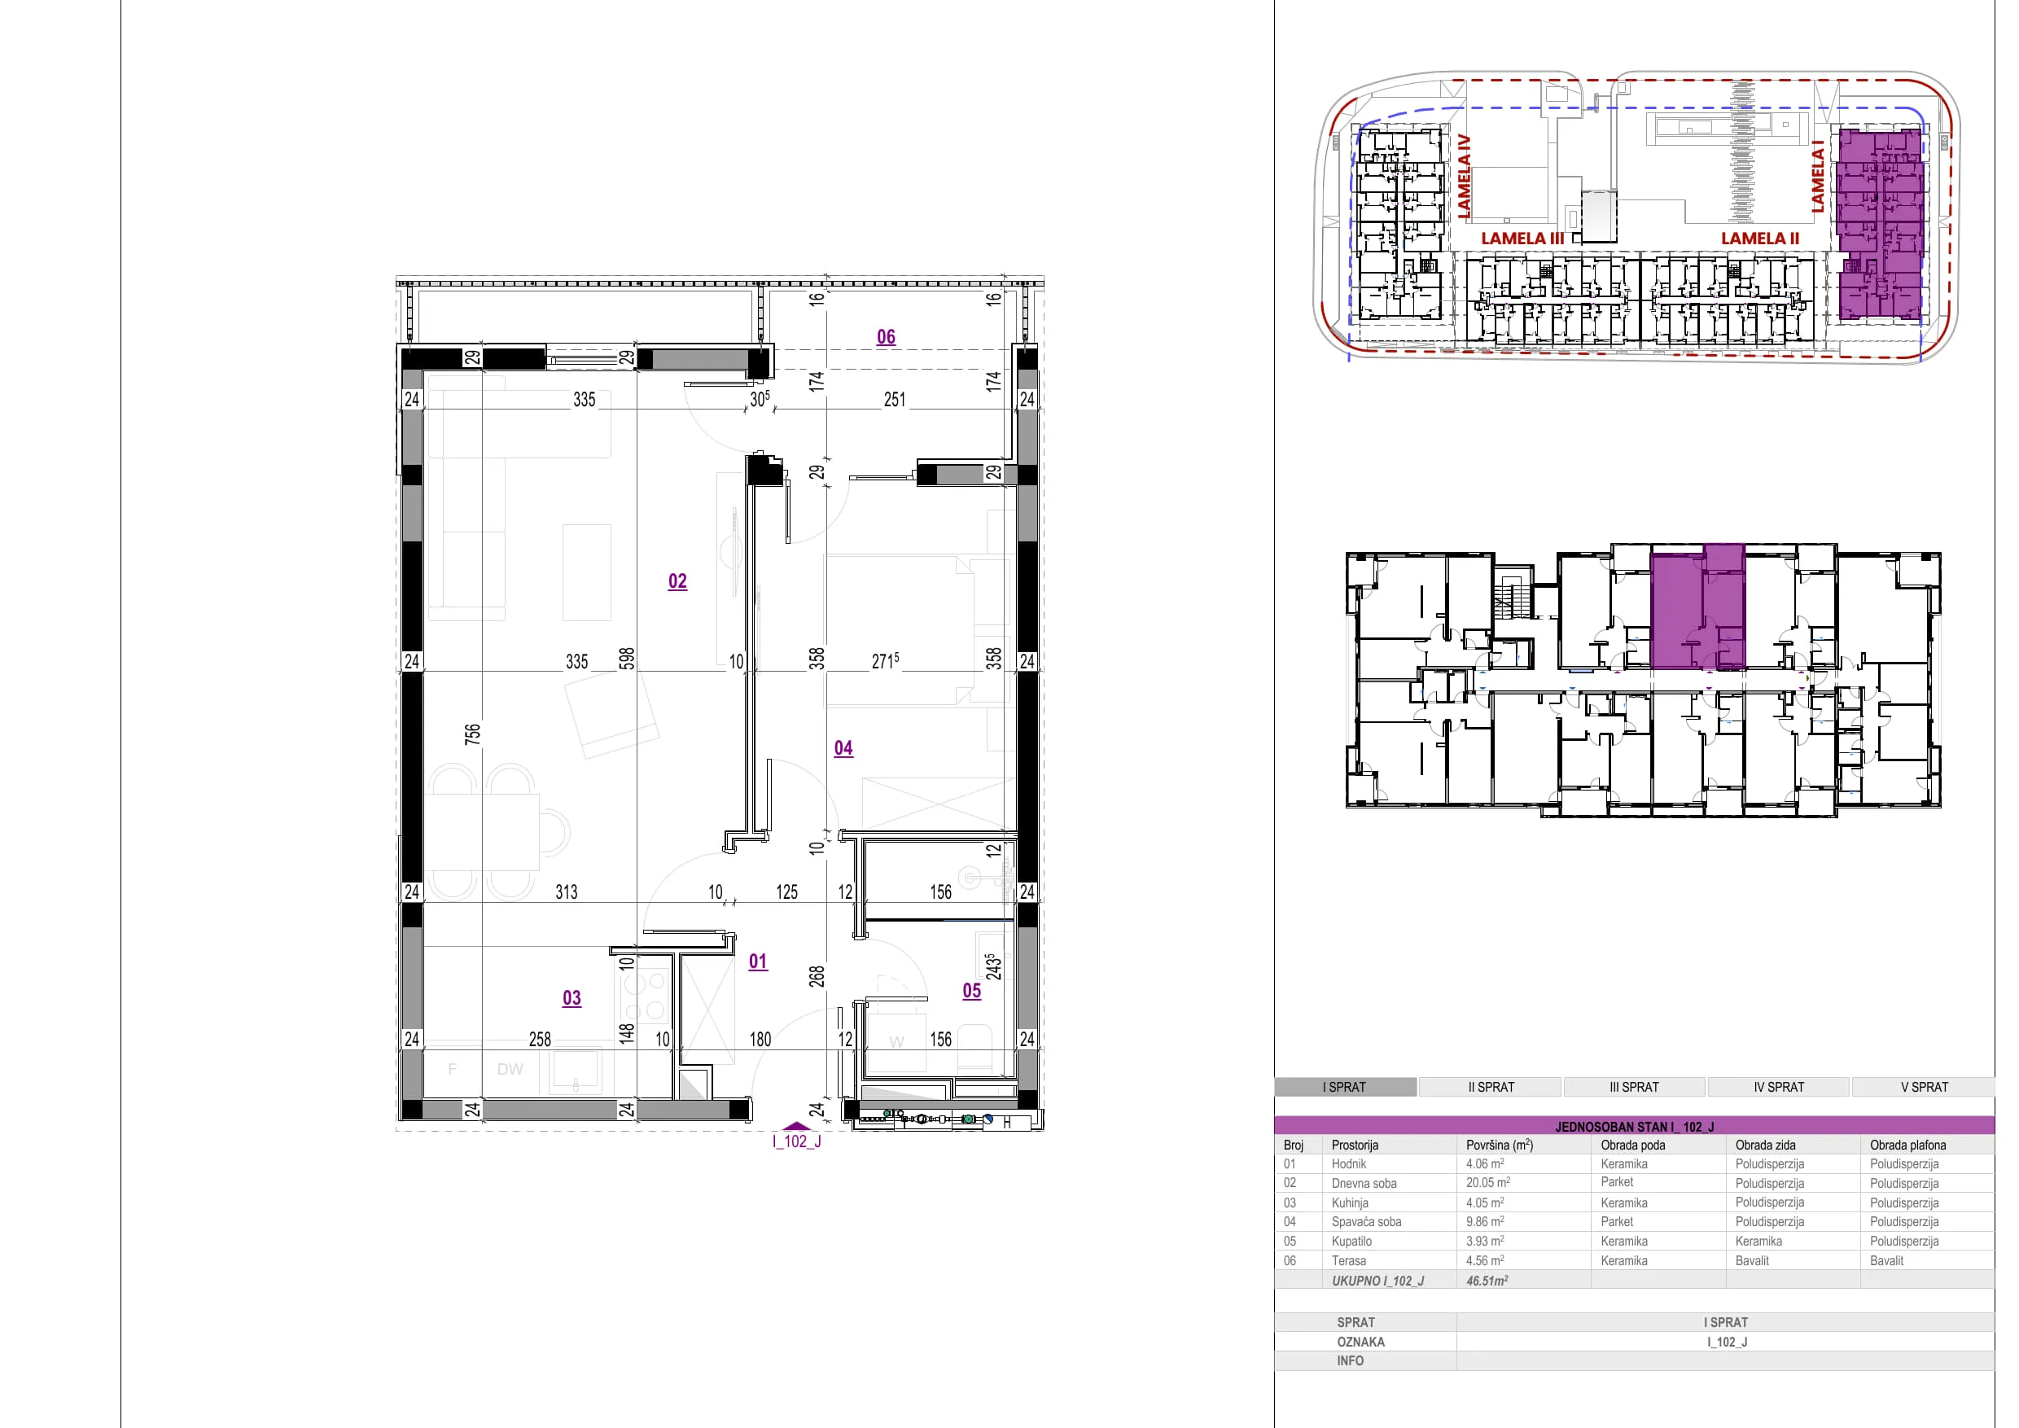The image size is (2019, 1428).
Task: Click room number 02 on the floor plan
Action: [x=677, y=581]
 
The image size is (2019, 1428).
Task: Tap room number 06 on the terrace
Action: [x=886, y=337]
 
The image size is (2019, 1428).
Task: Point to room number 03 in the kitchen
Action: [x=572, y=998]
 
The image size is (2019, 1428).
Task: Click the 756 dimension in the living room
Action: [x=472, y=734]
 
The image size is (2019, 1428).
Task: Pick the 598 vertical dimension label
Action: [x=626, y=659]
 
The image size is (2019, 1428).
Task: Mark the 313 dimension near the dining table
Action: [x=567, y=891]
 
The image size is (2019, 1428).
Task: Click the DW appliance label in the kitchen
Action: [x=510, y=1069]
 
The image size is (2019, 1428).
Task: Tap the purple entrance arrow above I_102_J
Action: [x=797, y=1125]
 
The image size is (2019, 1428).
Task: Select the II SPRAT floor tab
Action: [x=1491, y=1087]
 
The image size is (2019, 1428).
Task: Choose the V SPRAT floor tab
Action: [x=1924, y=1087]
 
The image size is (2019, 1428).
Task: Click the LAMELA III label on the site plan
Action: [x=1522, y=239]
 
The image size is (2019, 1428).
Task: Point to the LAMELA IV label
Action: [x=1464, y=176]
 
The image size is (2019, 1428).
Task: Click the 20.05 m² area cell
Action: [x=1488, y=1183]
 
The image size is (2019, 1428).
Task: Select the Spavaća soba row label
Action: [x=1367, y=1221]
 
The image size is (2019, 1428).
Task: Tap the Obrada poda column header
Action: [x=1633, y=1145]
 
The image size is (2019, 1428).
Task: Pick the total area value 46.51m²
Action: [x=1487, y=1281]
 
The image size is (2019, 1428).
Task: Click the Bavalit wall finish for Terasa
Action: [x=1752, y=1260]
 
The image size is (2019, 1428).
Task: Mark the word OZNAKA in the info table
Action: [x=1360, y=1342]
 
